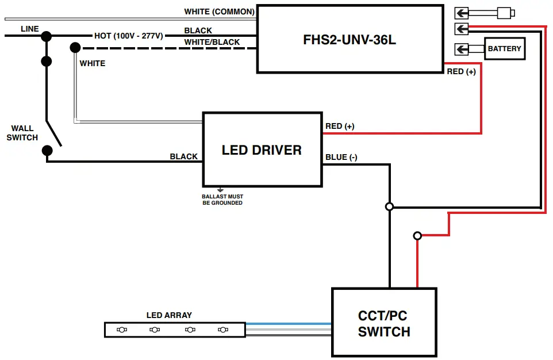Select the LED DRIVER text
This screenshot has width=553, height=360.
[x=262, y=150]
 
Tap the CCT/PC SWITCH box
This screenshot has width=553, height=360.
[x=384, y=323]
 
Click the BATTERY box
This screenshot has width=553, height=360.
[x=504, y=49]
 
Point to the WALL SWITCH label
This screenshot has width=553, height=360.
[x=22, y=133]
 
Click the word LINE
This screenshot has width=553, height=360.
[x=30, y=29]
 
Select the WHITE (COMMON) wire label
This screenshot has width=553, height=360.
[x=219, y=12]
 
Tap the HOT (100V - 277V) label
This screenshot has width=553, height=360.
[x=129, y=36]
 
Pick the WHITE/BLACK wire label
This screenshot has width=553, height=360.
[x=212, y=42]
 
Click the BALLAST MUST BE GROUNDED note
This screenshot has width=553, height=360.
[x=222, y=200]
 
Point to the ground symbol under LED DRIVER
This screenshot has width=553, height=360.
[x=220, y=189]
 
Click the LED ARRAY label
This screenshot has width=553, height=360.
[x=169, y=315]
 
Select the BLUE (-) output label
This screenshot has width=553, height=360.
[x=341, y=157]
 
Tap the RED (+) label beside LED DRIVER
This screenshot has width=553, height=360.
[x=340, y=126]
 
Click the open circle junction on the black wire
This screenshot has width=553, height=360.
[x=389, y=206]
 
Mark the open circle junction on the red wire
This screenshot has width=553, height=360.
[x=417, y=236]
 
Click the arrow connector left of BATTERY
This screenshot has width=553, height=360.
[x=462, y=49]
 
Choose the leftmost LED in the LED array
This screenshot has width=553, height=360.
[x=122, y=330]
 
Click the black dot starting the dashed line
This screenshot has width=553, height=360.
[x=75, y=48]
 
